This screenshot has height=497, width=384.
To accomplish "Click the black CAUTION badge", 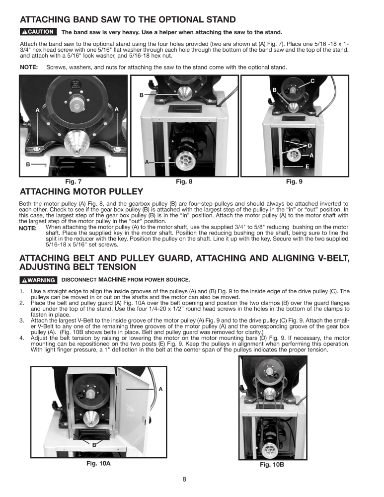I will coord(37,32).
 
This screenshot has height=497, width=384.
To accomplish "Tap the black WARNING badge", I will coord(38,280).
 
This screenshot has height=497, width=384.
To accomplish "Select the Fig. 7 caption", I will coord(73,182).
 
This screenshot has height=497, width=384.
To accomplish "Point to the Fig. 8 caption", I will coord(184,182).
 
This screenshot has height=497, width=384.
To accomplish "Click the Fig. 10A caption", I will coord(98,463).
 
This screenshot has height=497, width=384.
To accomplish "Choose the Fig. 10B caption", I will coord(272,465).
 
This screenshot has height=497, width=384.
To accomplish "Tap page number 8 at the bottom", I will coord(184,480).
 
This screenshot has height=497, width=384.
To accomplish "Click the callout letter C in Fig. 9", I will coord(312,81).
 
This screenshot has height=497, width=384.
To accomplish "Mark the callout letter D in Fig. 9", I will coord(309,146).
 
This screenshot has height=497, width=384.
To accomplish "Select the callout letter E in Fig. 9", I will coord(307,166).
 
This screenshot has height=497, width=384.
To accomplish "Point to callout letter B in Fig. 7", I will coord(28,164).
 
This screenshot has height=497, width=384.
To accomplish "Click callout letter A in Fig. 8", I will coord(147,162).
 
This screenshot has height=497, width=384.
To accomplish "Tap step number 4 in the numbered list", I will coord(21,338).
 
